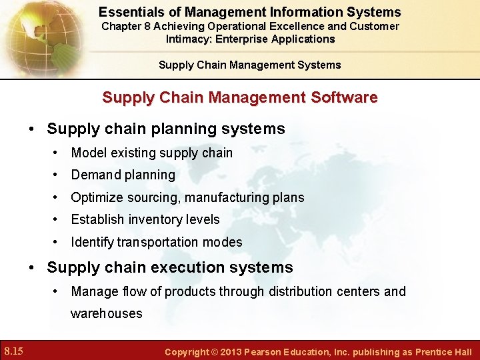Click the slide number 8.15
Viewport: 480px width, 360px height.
pyautogui.click(x=13, y=351)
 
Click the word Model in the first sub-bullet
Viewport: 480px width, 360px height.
pyautogui.click(x=87, y=153)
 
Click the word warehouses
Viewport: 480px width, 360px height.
pyautogui.click(x=107, y=313)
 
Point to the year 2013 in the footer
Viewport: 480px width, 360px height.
pyautogui.click(x=229, y=351)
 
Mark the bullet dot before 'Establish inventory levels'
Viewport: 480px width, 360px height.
pyautogui.click(x=57, y=219)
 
